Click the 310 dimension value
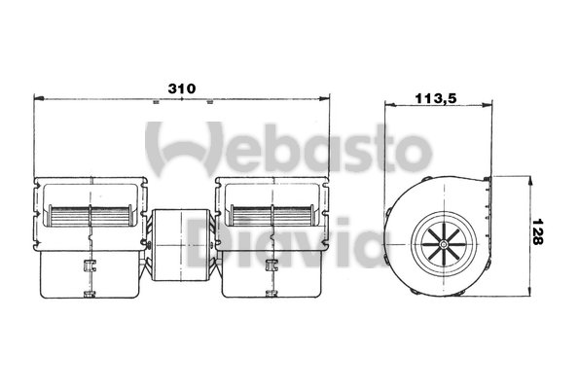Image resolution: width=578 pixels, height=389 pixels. click(x=181, y=88)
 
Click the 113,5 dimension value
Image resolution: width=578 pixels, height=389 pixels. click(x=436, y=98)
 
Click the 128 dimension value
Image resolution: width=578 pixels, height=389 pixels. click(x=538, y=231)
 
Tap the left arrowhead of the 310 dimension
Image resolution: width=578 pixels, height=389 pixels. click(x=39, y=98)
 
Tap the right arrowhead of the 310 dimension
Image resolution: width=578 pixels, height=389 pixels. click(x=324, y=98)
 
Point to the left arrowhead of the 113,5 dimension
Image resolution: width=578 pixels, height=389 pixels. click(x=390, y=105)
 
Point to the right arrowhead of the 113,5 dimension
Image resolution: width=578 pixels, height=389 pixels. click(x=487, y=105)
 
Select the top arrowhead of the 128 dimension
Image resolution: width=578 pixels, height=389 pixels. click(x=530, y=182)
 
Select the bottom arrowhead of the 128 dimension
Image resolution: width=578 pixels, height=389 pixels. click(x=530, y=290)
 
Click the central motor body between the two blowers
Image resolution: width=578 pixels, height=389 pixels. click(x=181, y=245)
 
